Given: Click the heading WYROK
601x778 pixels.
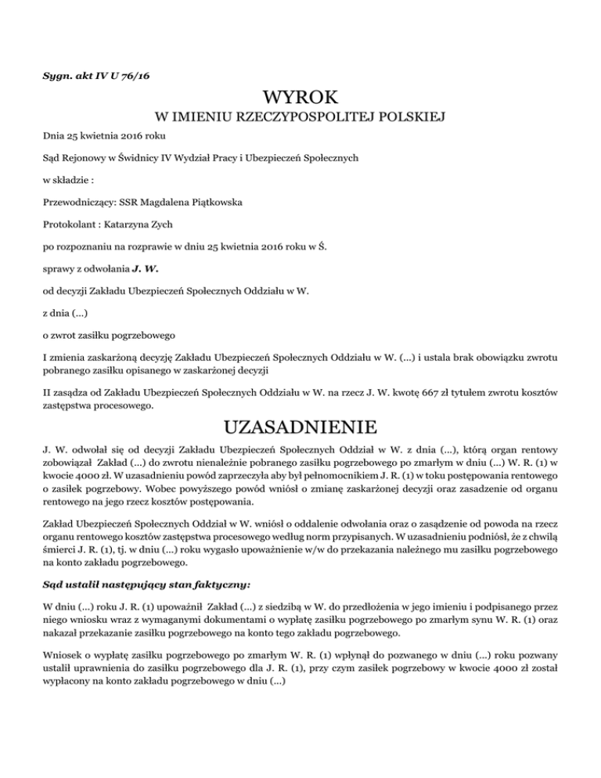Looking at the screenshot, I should click(300, 98).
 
